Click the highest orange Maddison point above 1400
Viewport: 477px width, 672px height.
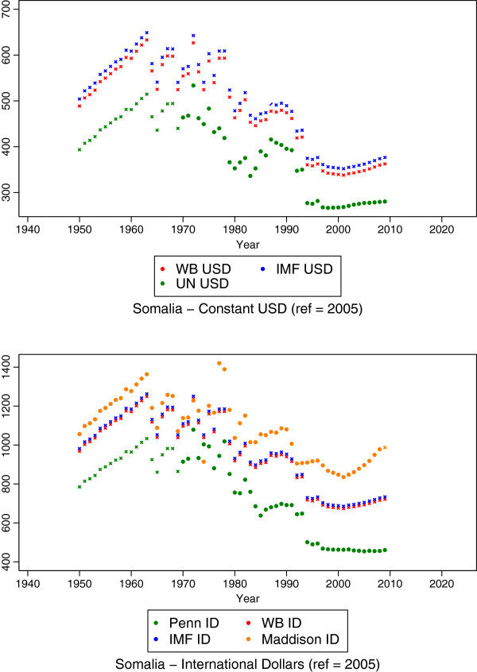pos(219,363)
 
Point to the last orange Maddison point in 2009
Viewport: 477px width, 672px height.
pos(386,448)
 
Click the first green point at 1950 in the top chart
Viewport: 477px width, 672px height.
pos(79,149)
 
